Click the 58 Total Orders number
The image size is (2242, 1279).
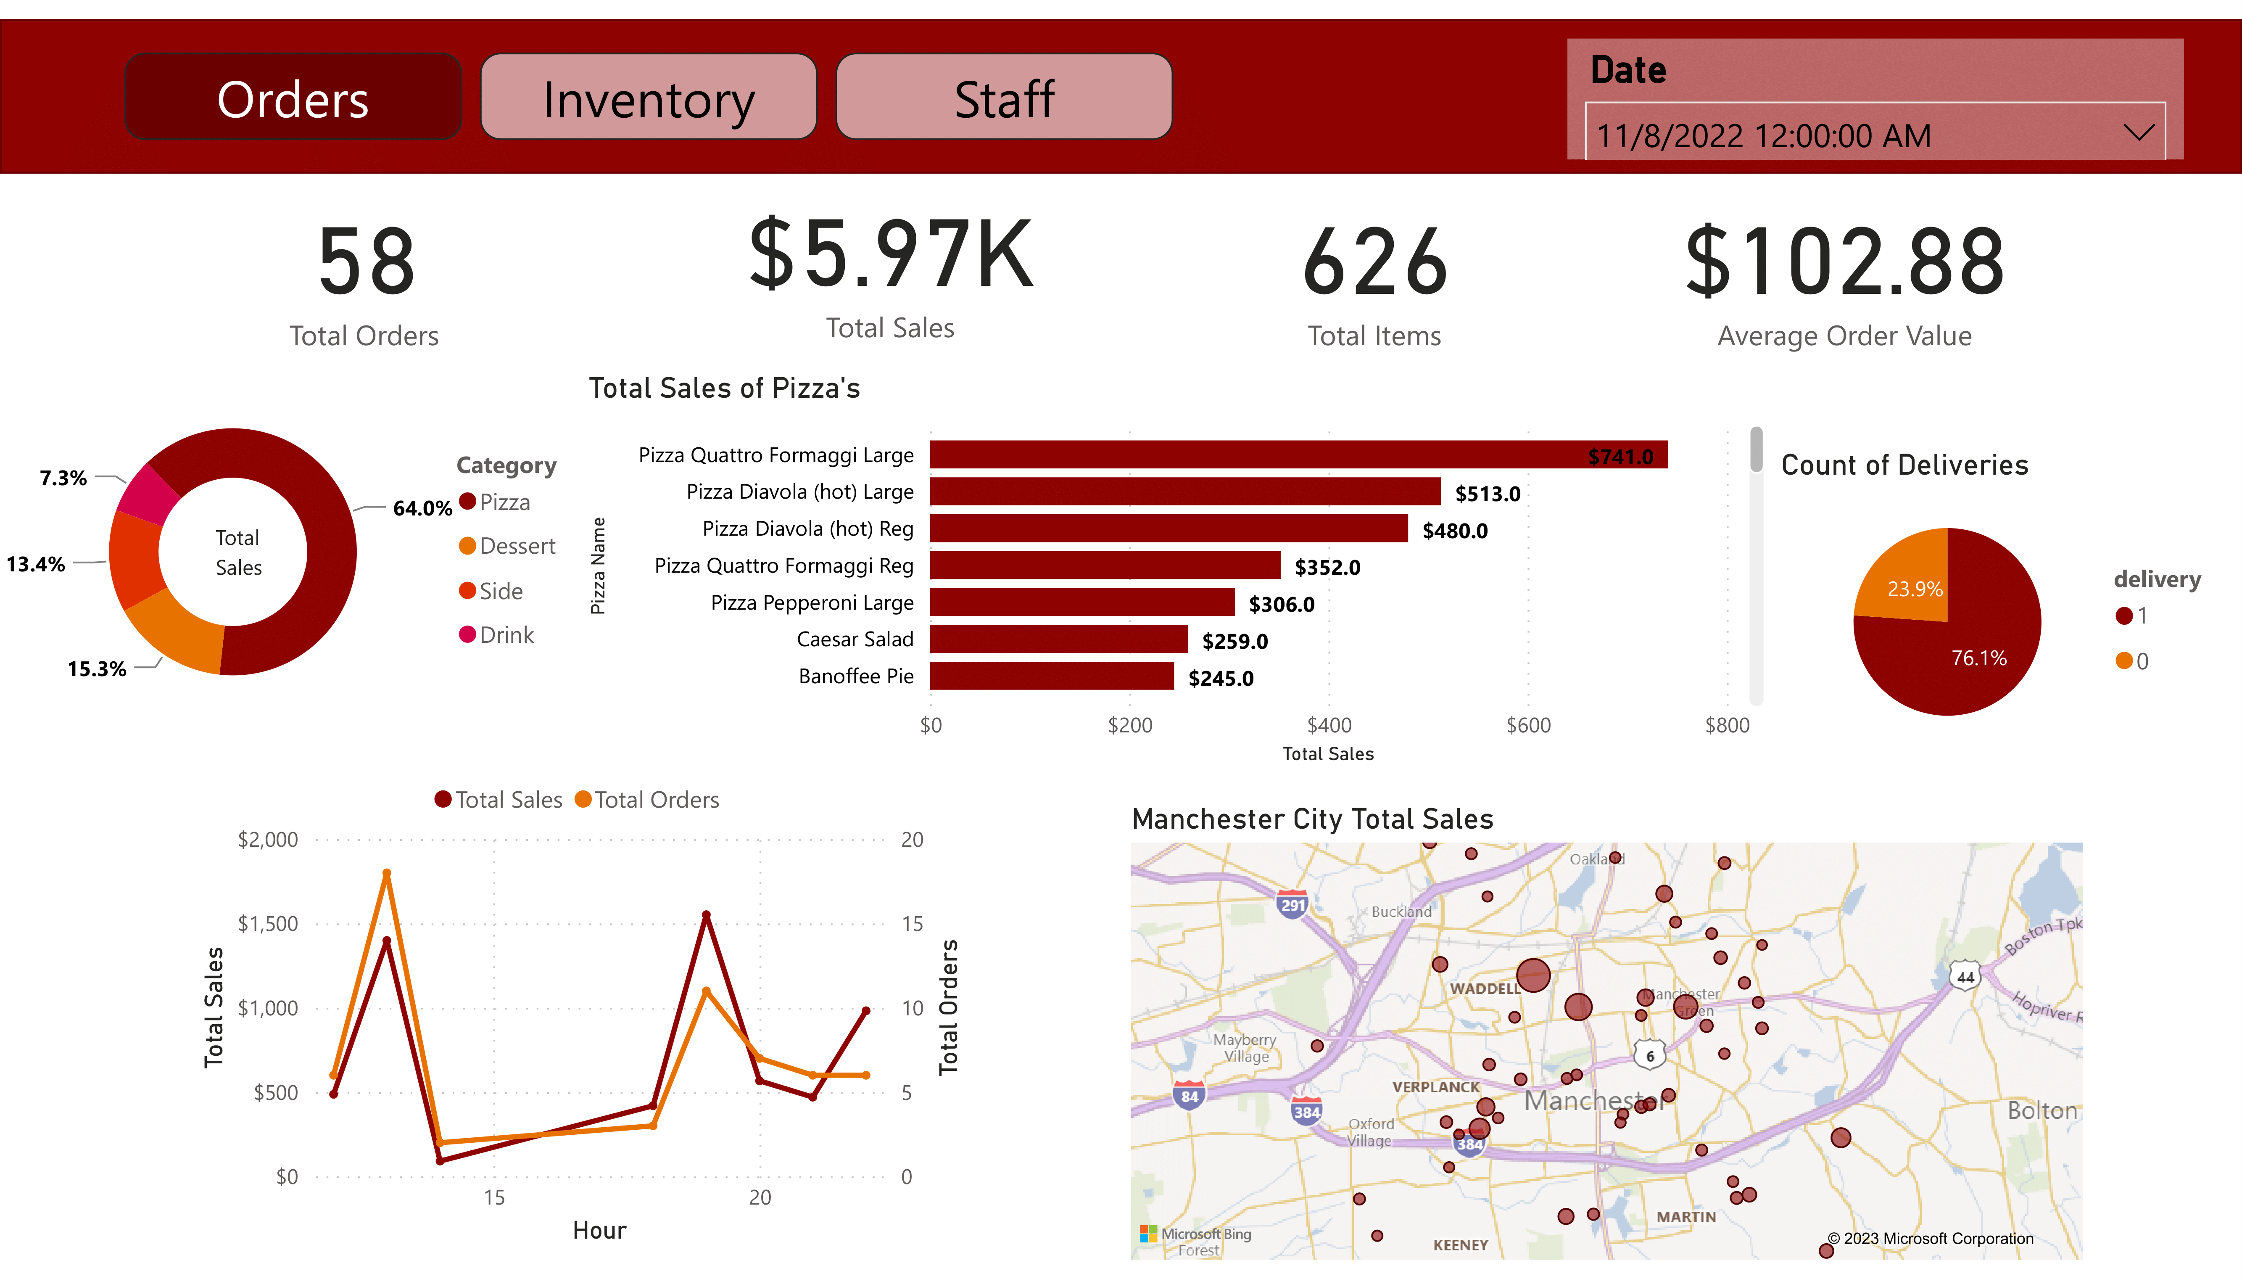pos(365,262)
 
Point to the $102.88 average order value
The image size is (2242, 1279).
pos(1844,262)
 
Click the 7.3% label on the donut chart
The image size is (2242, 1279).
pos(63,478)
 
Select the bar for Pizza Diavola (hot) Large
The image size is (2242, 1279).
pos(1184,492)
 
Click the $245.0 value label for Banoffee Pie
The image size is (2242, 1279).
pos(1221,678)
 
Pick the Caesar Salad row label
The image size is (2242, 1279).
pos(855,639)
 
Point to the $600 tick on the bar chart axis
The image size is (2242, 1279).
pos(1528,726)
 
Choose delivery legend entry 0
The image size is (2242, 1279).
pos(2132,661)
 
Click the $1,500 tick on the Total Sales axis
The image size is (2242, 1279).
pos(268,924)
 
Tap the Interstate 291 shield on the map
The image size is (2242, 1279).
pos(1292,904)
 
